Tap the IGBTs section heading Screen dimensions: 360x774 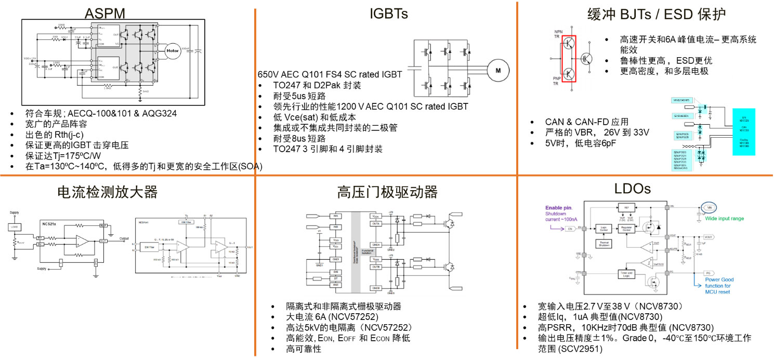[388, 14]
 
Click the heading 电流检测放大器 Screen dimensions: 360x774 [107, 192]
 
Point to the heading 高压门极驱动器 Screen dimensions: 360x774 [387, 192]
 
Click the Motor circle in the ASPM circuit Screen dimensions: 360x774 [172, 50]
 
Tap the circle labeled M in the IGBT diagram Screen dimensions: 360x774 [497, 71]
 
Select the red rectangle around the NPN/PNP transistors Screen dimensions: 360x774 [570, 57]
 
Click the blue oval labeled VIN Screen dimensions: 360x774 [710, 207]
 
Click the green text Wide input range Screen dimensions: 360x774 [724, 219]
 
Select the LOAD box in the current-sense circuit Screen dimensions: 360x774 [15, 226]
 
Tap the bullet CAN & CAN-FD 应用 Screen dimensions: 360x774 [586, 122]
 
